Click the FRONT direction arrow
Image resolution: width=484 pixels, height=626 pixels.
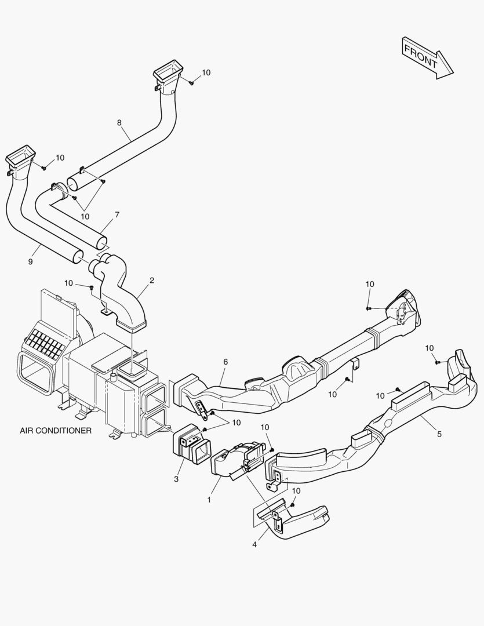[427, 56]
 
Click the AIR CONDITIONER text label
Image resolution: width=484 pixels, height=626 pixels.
[56, 431]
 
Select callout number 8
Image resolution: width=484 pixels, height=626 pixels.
[119, 123]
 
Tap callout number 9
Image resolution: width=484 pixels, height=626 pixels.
[30, 261]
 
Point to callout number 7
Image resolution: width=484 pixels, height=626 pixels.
[117, 214]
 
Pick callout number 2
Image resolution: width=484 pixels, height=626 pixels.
[151, 281]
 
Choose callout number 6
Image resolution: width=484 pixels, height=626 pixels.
[225, 362]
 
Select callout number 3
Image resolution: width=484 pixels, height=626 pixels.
[176, 479]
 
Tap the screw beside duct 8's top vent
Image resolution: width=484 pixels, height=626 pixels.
[191, 83]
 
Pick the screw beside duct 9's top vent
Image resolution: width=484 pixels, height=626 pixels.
[44, 168]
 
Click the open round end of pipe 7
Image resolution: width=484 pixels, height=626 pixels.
[101, 239]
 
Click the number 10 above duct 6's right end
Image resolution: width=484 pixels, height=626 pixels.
[370, 284]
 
